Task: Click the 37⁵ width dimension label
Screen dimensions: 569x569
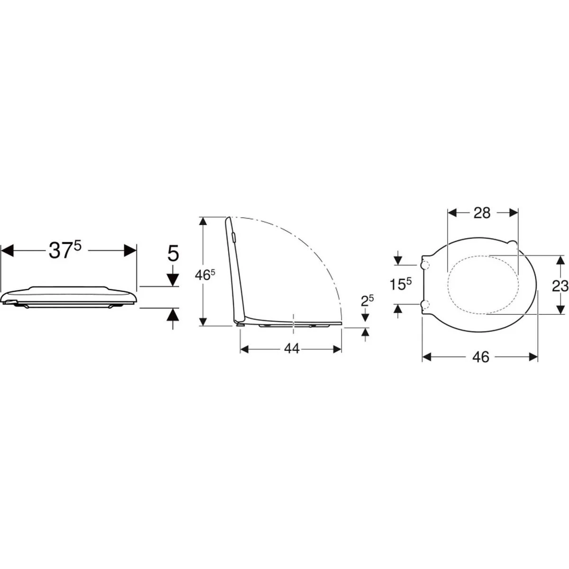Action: tap(64, 250)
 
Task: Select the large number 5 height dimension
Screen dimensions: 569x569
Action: tap(173, 253)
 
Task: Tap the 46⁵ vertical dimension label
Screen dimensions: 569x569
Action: tap(205, 275)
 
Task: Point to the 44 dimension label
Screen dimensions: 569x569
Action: tap(292, 349)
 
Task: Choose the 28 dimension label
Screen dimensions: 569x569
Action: tap(482, 212)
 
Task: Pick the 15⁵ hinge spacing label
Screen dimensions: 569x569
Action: tap(400, 284)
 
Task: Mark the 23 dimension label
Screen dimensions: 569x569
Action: tap(560, 286)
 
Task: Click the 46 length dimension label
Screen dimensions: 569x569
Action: tap(481, 358)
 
